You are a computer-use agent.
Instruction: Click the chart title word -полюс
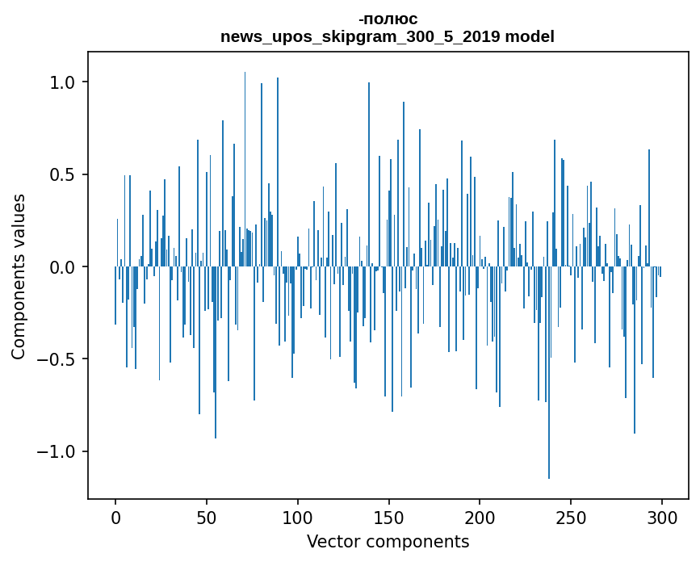[x=388, y=19]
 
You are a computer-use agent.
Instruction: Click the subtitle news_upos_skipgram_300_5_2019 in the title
[x=353, y=36]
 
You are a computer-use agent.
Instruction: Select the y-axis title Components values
[x=19, y=276]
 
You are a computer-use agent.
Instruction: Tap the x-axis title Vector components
[x=388, y=541]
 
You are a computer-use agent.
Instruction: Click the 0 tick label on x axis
[x=115, y=517]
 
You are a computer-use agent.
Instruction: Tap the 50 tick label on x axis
[x=207, y=517]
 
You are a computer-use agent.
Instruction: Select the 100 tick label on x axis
[x=298, y=517]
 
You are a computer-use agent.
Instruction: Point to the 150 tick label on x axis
[x=388, y=517]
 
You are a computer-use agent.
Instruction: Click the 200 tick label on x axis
[x=480, y=517]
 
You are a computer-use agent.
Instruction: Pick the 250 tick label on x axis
[x=571, y=517]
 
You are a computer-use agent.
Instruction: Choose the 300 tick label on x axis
[x=662, y=517]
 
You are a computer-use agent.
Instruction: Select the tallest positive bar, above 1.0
[x=245, y=161]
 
